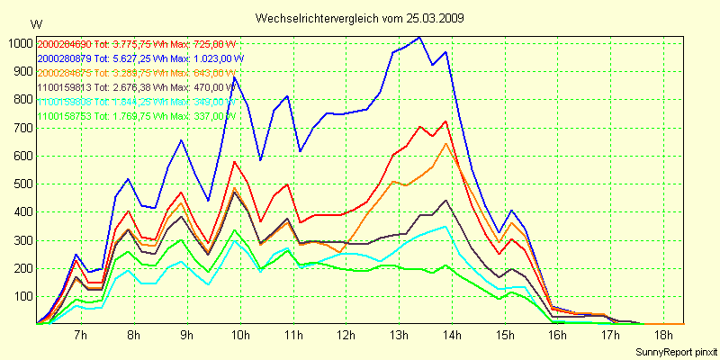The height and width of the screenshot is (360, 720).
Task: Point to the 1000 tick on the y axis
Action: coord(17,43)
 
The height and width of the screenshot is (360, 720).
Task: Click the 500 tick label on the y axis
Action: coord(20,184)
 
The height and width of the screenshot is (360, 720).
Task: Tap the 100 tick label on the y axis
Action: coord(20,296)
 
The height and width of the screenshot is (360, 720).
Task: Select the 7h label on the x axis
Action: coord(80,335)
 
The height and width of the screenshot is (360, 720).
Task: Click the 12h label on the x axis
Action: coord(346,335)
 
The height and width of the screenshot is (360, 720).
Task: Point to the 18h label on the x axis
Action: coord(664,335)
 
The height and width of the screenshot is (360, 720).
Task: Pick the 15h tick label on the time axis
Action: coord(505,335)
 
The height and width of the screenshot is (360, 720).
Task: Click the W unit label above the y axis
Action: coord(35,23)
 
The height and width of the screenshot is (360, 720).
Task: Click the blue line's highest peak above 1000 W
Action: coord(419,38)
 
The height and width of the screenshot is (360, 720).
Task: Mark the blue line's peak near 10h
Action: coord(235,78)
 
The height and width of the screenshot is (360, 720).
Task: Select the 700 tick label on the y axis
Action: coord(20,128)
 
